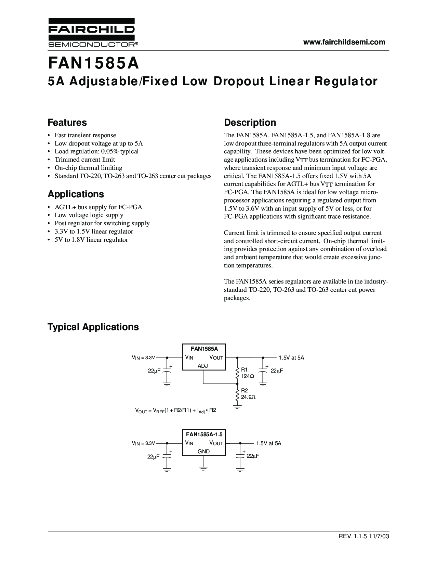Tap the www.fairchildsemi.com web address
click(x=344, y=42)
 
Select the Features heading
click(x=67, y=123)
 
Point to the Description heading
click(x=250, y=123)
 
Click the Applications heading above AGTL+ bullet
click(x=76, y=194)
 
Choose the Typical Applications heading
click(x=93, y=327)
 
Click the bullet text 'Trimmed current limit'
click(x=85, y=160)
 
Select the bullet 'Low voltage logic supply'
click(x=89, y=215)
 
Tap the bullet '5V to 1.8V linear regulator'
click(x=91, y=240)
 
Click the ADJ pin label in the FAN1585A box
click(x=203, y=366)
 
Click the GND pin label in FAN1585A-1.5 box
click(x=204, y=451)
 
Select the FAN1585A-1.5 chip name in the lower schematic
click(x=204, y=434)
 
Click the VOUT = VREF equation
click(x=176, y=410)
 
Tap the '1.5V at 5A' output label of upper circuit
click(x=291, y=357)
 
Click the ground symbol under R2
click(x=237, y=407)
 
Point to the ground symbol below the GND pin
click(x=203, y=468)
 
